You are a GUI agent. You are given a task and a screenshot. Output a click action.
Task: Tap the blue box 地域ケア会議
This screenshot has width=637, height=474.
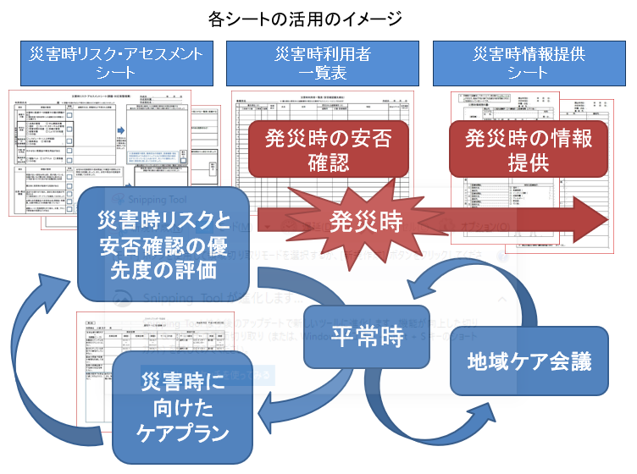click(x=529, y=361)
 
